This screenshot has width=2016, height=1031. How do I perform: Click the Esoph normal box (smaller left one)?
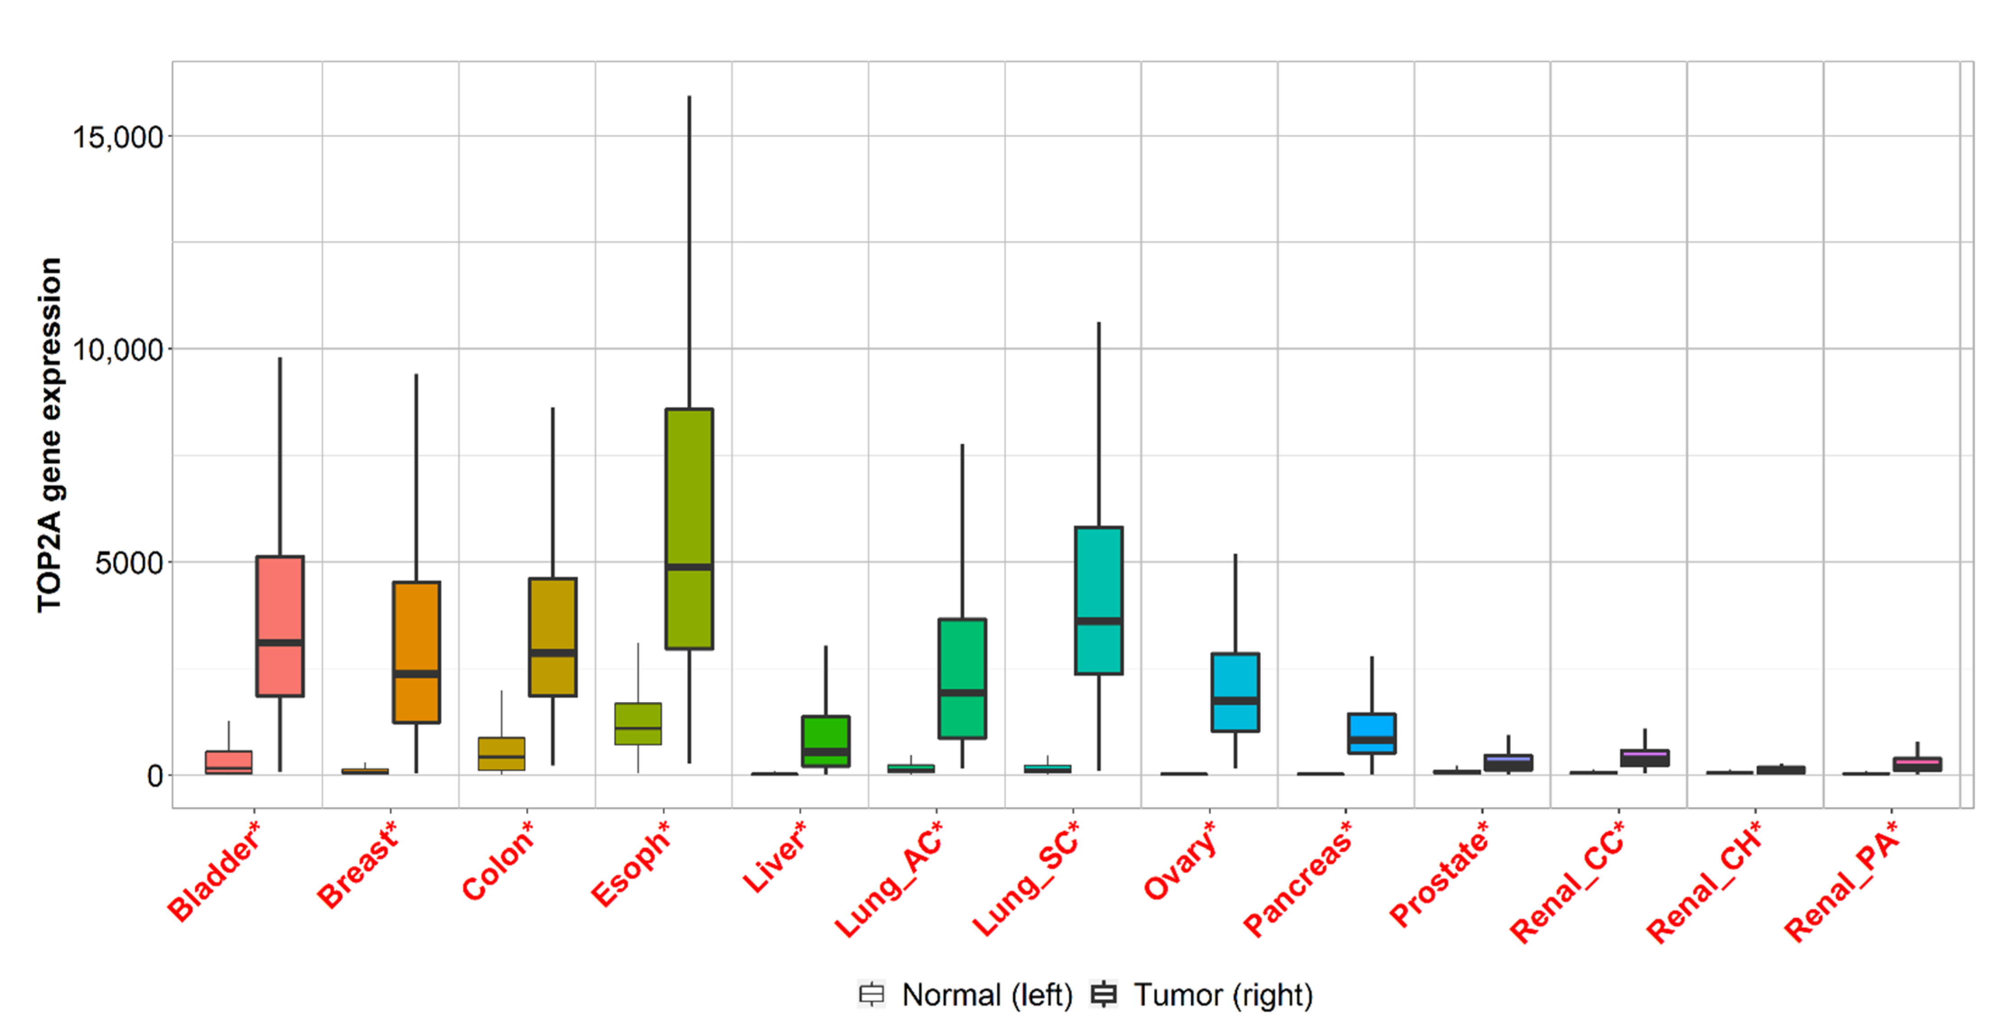[638, 723]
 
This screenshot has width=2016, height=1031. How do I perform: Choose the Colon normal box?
[502, 753]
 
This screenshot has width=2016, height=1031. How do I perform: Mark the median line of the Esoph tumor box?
[689, 566]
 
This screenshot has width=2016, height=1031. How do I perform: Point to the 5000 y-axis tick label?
[128, 563]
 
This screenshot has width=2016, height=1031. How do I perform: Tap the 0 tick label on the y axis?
[154, 776]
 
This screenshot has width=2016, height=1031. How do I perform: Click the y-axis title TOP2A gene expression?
[49, 434]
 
